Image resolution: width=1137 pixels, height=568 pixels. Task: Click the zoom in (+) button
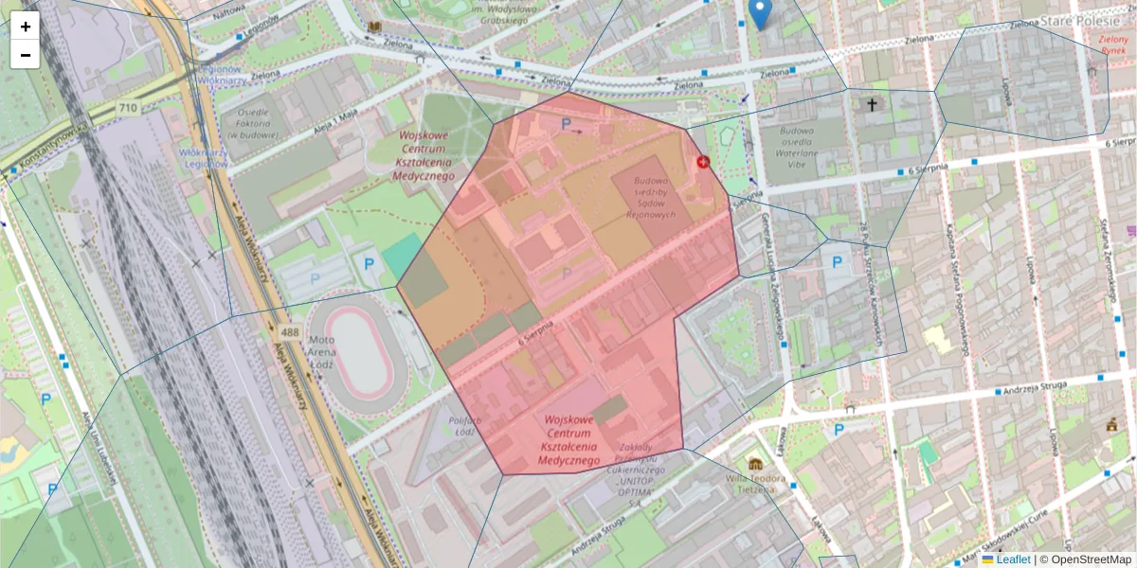[26, 27]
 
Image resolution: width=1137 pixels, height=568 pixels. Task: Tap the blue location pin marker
[760, 13]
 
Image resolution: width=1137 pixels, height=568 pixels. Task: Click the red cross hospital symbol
[703, 162]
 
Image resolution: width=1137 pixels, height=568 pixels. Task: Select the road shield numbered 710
[128, 110]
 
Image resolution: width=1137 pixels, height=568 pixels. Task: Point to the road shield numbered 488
[290, 333]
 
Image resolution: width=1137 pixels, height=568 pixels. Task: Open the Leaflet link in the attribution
[1012, 559]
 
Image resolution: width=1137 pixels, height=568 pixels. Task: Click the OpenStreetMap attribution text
[1091, 559]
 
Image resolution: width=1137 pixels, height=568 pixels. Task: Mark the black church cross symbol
[872, 105]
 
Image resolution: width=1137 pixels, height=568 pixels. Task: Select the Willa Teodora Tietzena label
[756, 484]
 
